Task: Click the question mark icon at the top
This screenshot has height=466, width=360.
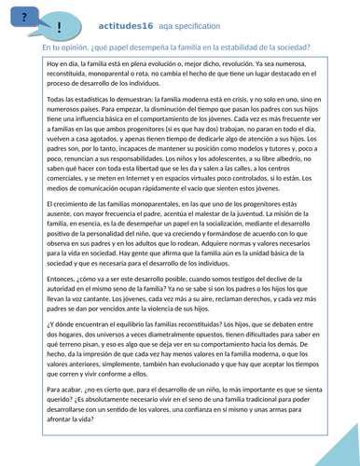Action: click(22, 13)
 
